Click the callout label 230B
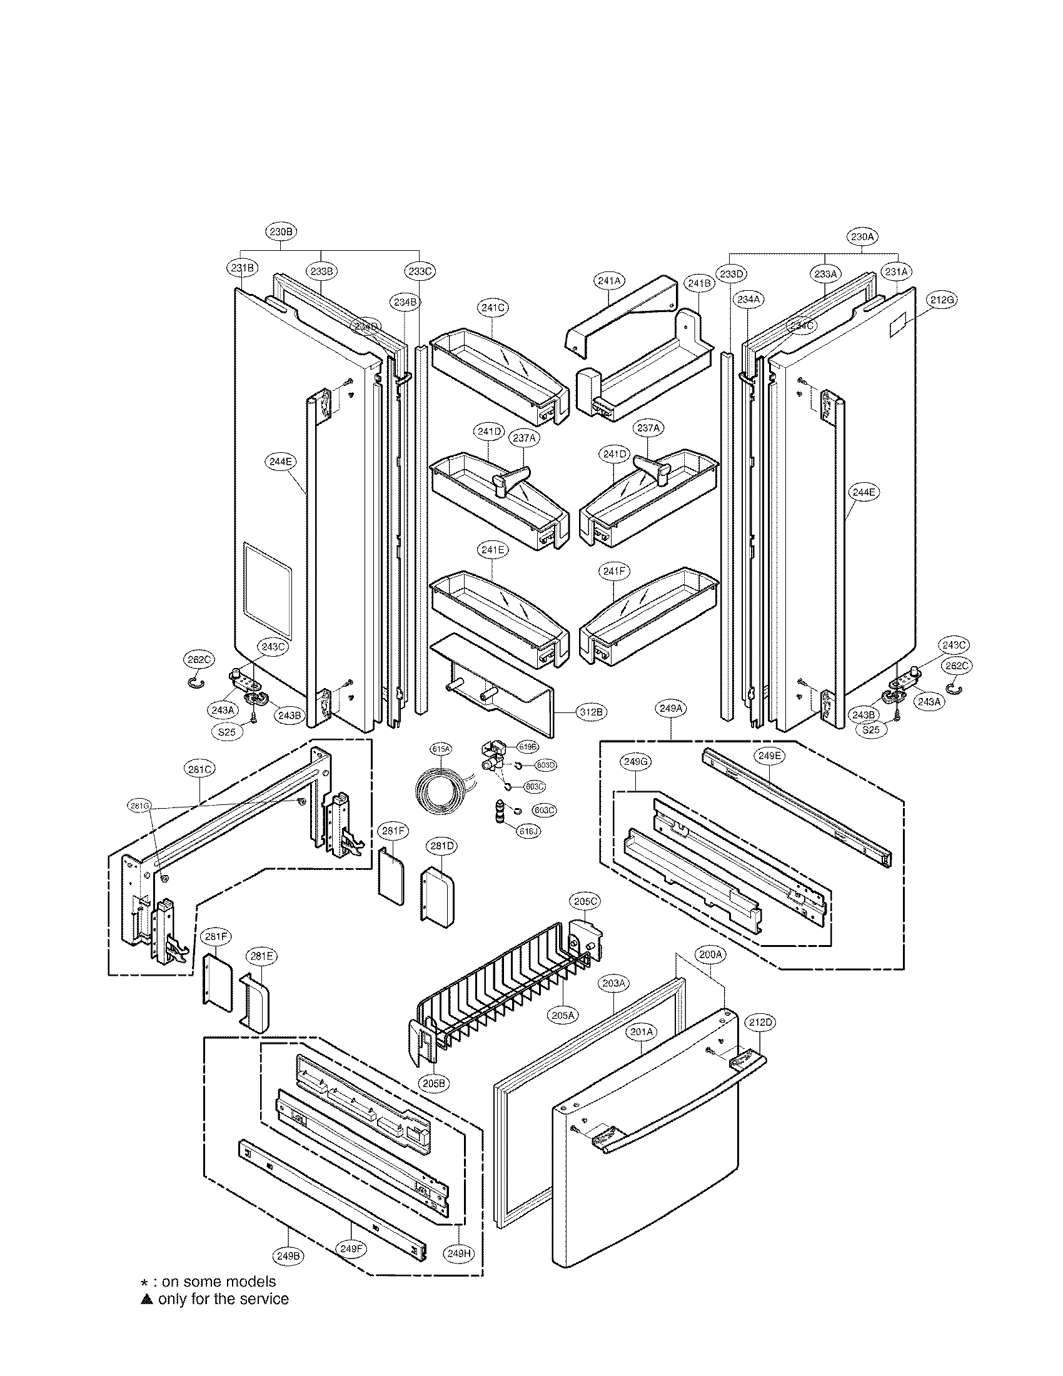(x=281, y=231)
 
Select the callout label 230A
(x=861, y=237)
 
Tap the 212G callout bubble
(x=942, y=300)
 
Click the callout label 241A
(x=609, y=281)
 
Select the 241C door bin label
(x=493, y=308)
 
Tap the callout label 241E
(x=493, y=549)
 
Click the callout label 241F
(x=613, y=572)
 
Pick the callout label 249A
(x=671, y=708)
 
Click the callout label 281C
(x=200, y=769)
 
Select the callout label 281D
(x=442, y=846)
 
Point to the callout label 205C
(x=585, y=901)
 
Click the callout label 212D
(x=760, y=1022)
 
